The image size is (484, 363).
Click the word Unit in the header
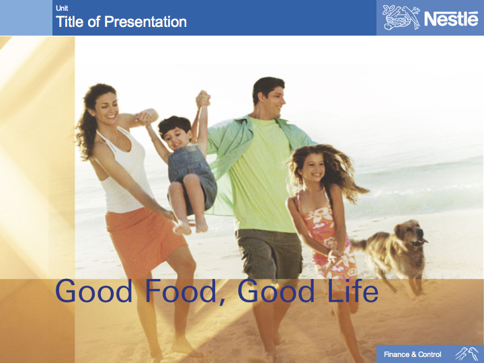click(x=62, y=8)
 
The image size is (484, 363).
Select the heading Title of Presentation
click(x=121, y=22)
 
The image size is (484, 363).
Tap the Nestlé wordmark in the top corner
click(x=451, y=19)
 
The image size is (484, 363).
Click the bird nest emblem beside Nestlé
click(x=401, y=17)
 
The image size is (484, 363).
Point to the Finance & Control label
click(x=412, y=354)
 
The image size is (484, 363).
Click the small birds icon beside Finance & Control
click(x=467, y=354)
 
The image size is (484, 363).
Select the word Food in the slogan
click(x=181, y=290)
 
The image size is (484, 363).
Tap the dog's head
click(x=411, y=233)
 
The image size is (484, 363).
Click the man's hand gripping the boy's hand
click(x=203, y=99)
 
